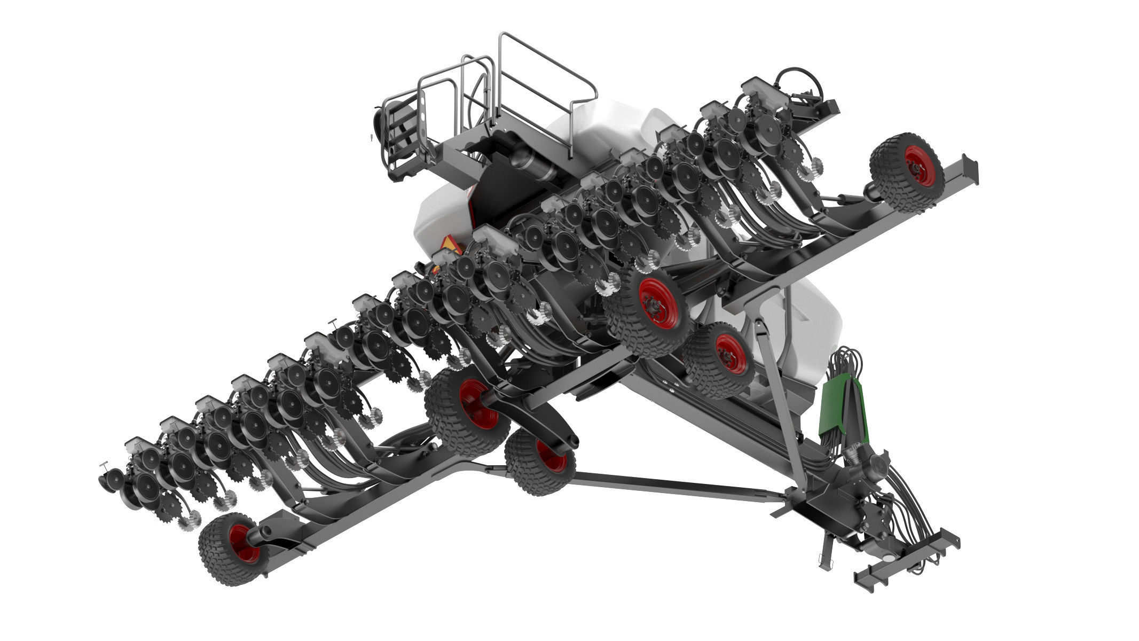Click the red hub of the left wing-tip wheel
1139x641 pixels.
(240, 543)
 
